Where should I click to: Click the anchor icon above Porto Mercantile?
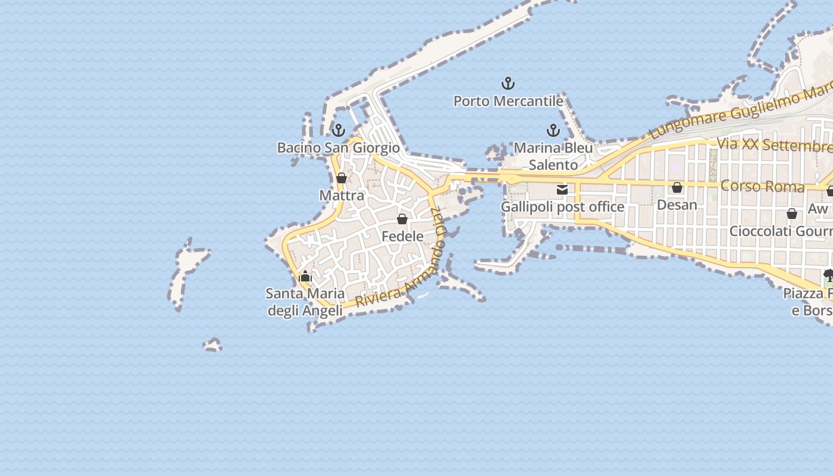[508, 83]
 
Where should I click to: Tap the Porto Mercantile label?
[508, 101]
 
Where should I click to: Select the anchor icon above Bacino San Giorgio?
[339, 130]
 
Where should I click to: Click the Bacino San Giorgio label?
[339, 148]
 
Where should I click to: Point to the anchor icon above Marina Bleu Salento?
[553, 130]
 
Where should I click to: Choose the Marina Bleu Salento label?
[553, 156]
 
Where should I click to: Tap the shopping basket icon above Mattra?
[342, 178]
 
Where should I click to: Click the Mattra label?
[342, 195]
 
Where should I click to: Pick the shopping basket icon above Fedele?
[402, 219]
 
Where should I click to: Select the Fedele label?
[402, 236]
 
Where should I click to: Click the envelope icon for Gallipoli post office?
[562, 190]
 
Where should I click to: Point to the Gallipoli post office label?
[562, 207]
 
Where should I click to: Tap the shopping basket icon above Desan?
[677, 188]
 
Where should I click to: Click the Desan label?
[677, 205]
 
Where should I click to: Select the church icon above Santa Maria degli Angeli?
[305, 276]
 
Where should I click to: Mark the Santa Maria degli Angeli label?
[305, 302]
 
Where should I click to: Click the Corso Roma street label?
[762, 186]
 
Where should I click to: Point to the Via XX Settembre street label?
[774, 145]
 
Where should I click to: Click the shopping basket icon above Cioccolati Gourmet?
[792, 214]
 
